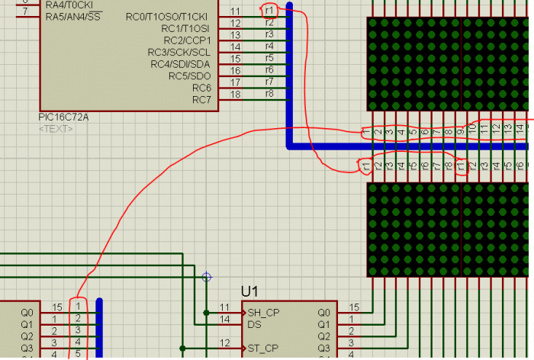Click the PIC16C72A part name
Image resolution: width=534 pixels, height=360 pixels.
pos(64,117)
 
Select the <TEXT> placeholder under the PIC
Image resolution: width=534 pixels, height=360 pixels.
pos(56,129)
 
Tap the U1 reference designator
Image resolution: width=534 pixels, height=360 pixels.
pos(250,291)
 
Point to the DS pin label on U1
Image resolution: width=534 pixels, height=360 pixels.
pos(255,324)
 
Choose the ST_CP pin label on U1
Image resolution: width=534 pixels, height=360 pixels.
pos(261,349)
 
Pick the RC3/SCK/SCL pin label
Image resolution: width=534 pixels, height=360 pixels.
pos(179,52)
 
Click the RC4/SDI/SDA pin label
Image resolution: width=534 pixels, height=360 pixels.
pos(180,63)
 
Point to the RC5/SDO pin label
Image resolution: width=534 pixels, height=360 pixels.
pos(190,76)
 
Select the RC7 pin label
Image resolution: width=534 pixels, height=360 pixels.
pos(201,99)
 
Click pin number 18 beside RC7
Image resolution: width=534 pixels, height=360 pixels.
pos(236,94)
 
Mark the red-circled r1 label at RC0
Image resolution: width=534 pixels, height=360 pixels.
pos(269,11)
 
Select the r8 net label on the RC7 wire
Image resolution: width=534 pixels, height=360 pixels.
pos(269,94)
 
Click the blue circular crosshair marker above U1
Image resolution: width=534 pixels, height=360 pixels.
pos(206,277)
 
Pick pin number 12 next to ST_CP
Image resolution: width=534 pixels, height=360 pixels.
pos(224,343)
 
